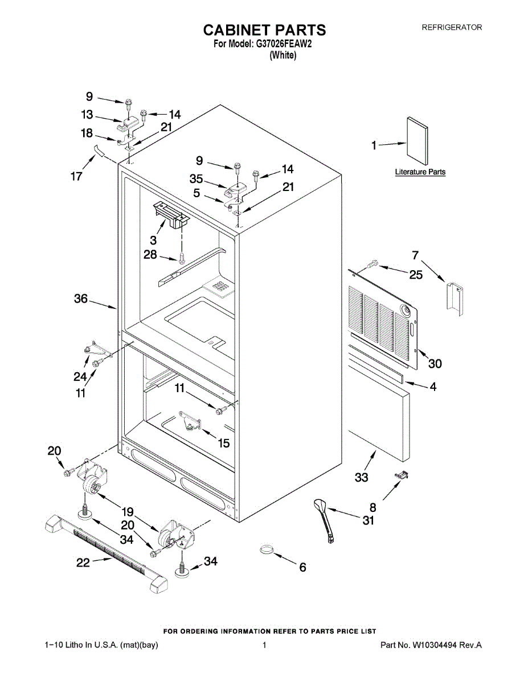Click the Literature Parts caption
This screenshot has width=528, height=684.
tap(420, 172)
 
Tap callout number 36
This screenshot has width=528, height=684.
tap(81, 298)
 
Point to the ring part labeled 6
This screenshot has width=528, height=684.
tap(267, 551)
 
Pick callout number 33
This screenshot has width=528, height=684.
tap(362, 478)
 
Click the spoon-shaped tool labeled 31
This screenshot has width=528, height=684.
tap(324, 516)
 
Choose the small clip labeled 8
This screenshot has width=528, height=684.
tap(403, 475)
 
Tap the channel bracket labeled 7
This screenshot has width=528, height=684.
tap(456, 296)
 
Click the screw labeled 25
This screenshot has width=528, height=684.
tap(373, 264)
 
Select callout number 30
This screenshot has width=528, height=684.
tap(435, 363)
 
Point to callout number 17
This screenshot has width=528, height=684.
tap(76, 176)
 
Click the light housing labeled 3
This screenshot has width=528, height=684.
tap(170, 216)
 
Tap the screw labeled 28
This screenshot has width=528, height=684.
tap(182, 258)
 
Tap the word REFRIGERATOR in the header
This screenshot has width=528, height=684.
tap(452, 27)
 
